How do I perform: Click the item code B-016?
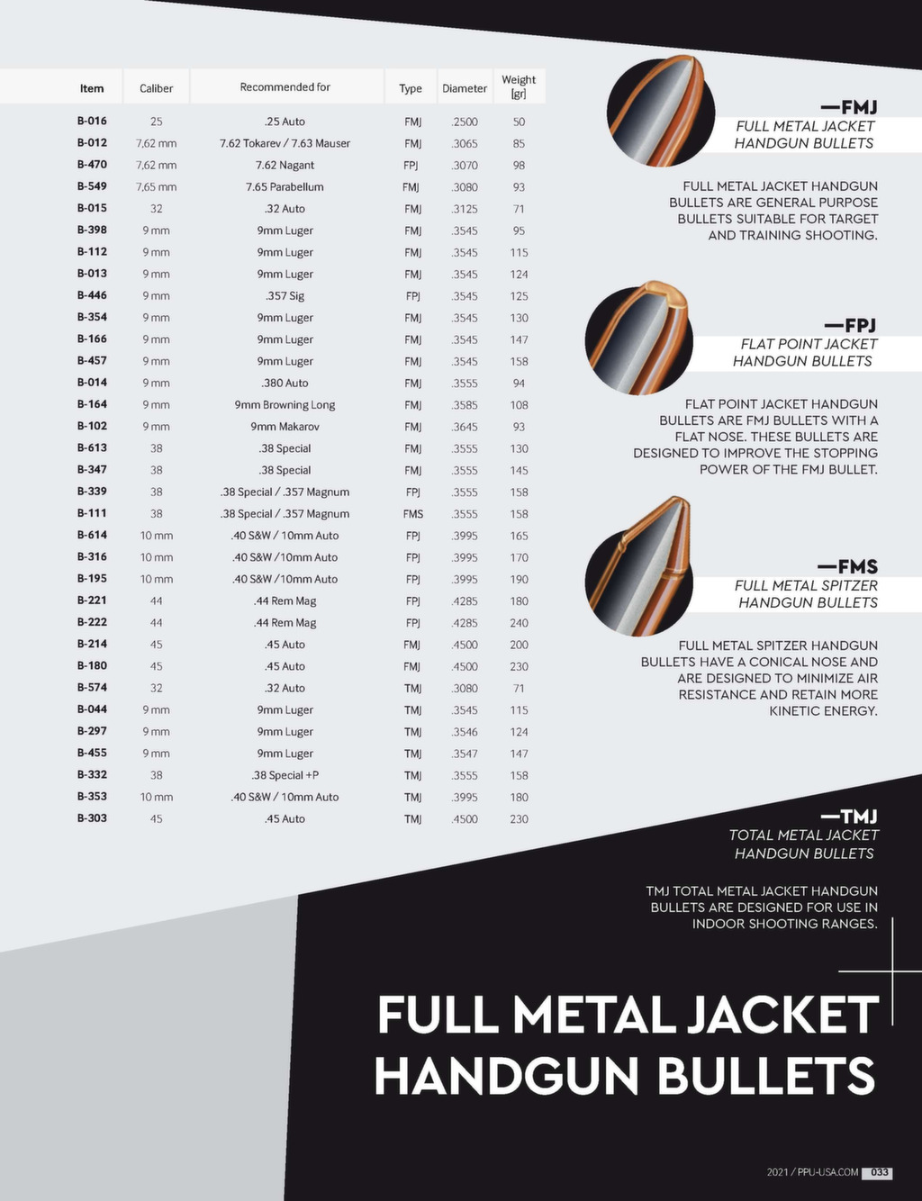[x=92, y=121]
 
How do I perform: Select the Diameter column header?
[x=465, y=88]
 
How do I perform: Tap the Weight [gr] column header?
[x=519, y=86]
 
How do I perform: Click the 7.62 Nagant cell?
[x=285, y=165]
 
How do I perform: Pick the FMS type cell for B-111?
[x=412, y=514]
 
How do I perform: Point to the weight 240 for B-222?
[x=519, y=623]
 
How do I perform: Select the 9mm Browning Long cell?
[x=285, y=405]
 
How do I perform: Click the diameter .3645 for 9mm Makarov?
[x=465, y=427]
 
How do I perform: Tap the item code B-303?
[x=92, y=818]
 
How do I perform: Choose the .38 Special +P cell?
[x=285, y=775]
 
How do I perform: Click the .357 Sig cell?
[x=285, y=296]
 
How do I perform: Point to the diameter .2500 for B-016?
[x=465, y=122]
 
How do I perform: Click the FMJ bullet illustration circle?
[x=660, y=110]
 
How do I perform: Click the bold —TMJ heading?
[x=848, y=817]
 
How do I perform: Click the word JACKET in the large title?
[x=782, y=1015]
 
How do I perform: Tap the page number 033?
[x=878, y=1172]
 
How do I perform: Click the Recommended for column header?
[x=285, y=87]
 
